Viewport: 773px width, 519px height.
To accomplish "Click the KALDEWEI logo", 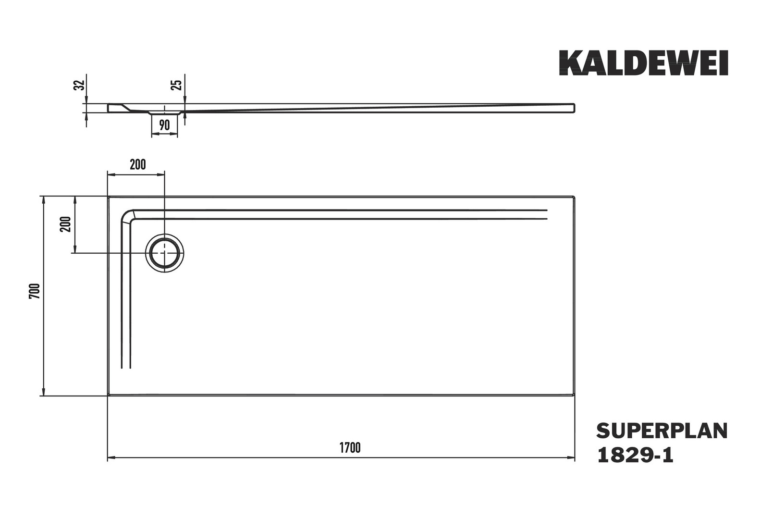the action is pyautogui.click(x=644, y=63).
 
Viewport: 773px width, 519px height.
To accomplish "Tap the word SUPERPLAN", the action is pyautogui.click(x=662, y=431).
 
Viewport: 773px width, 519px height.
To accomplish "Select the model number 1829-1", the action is pyautogui.click(x=635, y=455).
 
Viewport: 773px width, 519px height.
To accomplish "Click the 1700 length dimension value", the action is pyautogui.click(x=350, y=447).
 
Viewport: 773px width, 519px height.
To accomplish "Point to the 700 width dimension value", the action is pyautogui.click(x=35, y=291).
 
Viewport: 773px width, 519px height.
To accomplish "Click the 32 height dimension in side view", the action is pyautogui.click(x=79, y=85).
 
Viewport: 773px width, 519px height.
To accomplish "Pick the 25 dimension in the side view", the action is pyautogui.click(x=176, y=85).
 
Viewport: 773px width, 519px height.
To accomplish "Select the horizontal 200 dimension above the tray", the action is pyautogui.click(x=138, y=165).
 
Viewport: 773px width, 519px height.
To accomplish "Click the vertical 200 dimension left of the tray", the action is pyautogui.click(x=65, y=224).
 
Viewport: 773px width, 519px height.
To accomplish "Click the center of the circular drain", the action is pyautogui.click(x=165, y=253).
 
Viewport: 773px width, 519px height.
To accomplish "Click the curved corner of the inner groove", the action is pyautogui.click(x=126, y=215).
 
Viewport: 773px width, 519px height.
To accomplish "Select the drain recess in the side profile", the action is pyautogui.click(x=165, y=112).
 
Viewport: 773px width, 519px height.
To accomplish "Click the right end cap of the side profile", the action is pyautogui.click(x=574, y=108).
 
